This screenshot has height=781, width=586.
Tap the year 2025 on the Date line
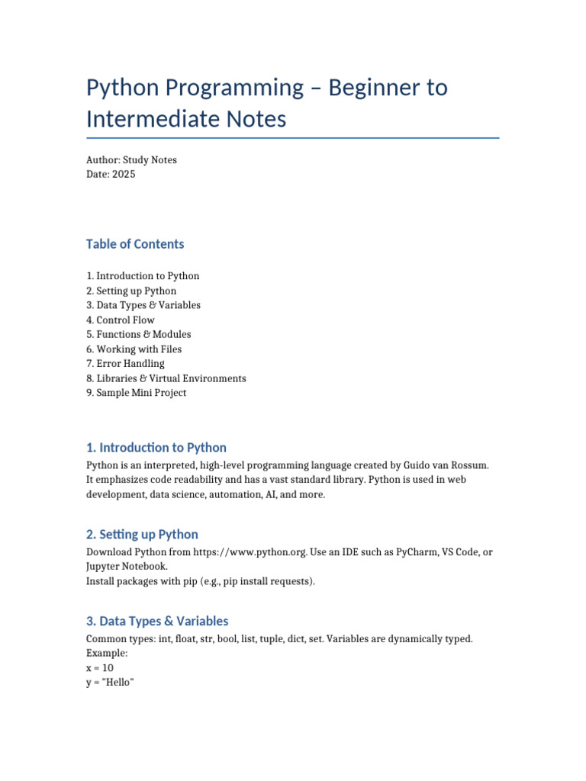tap(123, 175)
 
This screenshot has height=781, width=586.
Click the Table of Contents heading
tap(135, 244)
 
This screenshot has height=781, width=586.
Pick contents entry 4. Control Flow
tap(121, 320)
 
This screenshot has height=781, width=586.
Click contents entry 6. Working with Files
tap(134, 349)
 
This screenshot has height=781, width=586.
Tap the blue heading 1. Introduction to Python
tap(156, 448)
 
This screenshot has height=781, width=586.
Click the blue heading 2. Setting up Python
tap(142, 535)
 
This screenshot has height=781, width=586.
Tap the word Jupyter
tap(104, 567)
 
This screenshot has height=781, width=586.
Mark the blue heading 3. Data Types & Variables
tap(157, 621)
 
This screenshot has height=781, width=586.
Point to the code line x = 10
tap(100, 668)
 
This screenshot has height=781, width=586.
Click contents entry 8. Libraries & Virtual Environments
tap(166, 378)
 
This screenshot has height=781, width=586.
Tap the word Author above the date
tap(102, 160)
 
